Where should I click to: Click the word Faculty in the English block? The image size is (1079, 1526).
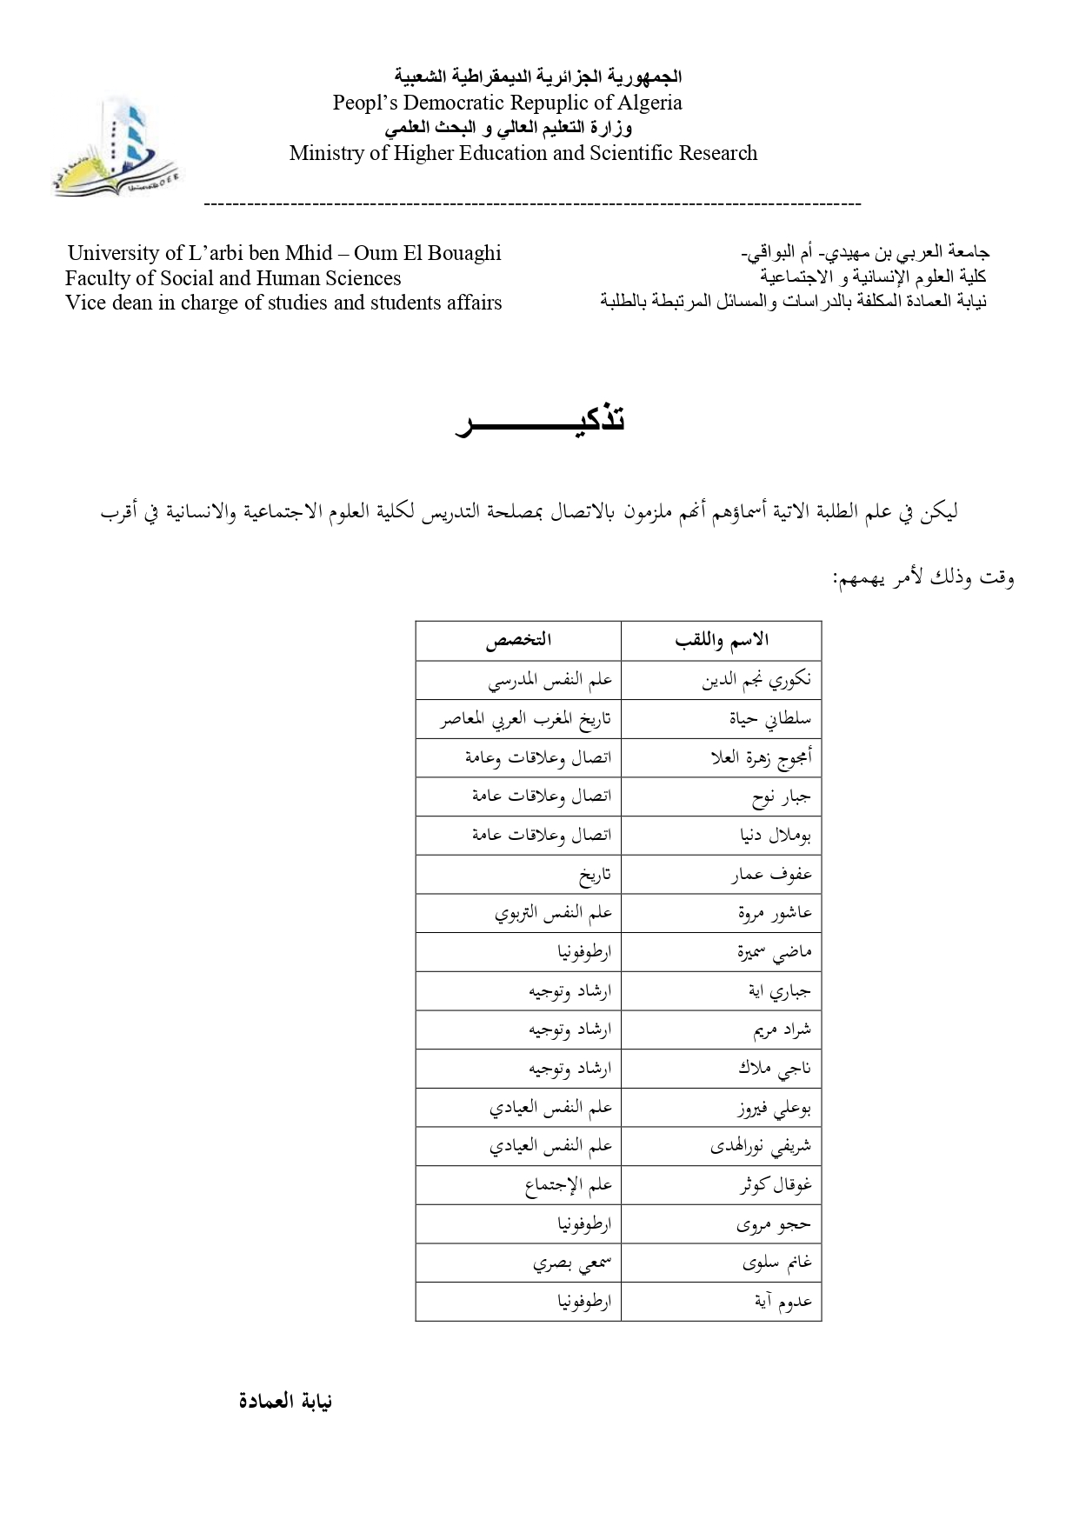(x=97, y=278)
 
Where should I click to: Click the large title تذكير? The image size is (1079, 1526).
(x=541, y=420)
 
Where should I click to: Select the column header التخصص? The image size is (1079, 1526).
(x=518, y=641)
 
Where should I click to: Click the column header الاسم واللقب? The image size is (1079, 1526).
(x=722, y=641)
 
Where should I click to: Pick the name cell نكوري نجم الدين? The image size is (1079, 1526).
(x=756, y=680)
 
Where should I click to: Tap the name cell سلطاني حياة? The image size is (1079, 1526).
(x=769, y=719)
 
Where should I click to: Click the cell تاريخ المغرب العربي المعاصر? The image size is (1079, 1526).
(x=525, y=719)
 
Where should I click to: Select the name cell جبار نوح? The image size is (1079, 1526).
(x=781, y=796)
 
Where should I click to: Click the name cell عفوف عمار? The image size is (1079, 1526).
(x=771, y=875)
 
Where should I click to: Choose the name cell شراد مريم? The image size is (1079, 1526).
(x=782, y=1030)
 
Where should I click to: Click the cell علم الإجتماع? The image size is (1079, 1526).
(x=569, y=1185)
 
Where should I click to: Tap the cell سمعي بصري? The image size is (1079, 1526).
(x=572, y=1263)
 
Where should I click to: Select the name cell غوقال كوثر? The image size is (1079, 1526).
(x=775, y=1185)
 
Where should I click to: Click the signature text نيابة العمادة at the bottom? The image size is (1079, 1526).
(x=285, y=1402)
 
